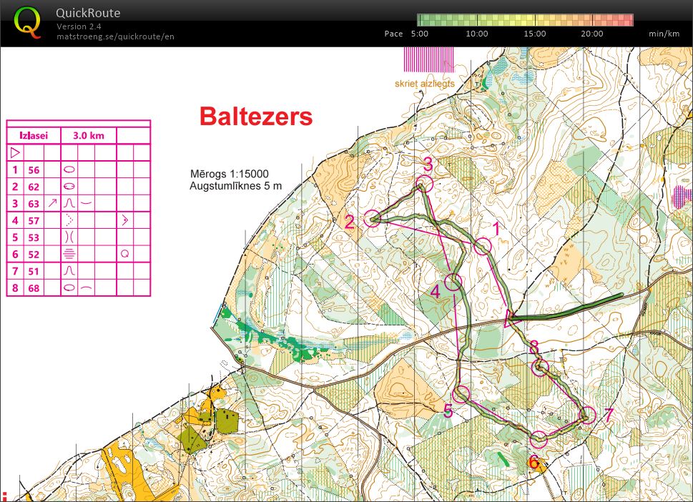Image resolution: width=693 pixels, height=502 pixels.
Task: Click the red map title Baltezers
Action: click(255, 117)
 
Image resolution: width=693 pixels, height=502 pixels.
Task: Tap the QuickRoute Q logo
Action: click(28, 23)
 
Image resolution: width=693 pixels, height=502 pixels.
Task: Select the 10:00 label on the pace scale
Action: click(476, 34)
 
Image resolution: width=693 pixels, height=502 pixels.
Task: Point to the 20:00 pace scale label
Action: click(592, 34)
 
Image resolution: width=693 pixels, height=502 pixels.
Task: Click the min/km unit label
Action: click(664, 34)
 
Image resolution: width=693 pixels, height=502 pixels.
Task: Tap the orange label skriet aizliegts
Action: click(425, 84)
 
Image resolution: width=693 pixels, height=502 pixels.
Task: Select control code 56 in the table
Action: click(34, 170)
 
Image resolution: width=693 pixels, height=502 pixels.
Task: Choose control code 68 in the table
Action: click(34, 287)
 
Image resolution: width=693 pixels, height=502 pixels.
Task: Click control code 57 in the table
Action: click(34, 220)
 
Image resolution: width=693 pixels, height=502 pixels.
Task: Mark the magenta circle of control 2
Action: click(372, 219)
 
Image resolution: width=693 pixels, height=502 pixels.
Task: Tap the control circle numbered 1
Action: click(483, 247)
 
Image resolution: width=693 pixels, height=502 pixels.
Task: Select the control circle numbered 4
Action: click(453, 282)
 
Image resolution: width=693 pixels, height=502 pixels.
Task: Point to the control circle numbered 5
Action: click(462, 393)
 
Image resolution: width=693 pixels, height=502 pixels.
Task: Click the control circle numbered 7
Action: click(587, 415)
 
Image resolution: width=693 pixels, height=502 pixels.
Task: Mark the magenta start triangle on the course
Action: click(511, 318)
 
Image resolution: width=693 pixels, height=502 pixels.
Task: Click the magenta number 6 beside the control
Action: click(534, 462)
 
